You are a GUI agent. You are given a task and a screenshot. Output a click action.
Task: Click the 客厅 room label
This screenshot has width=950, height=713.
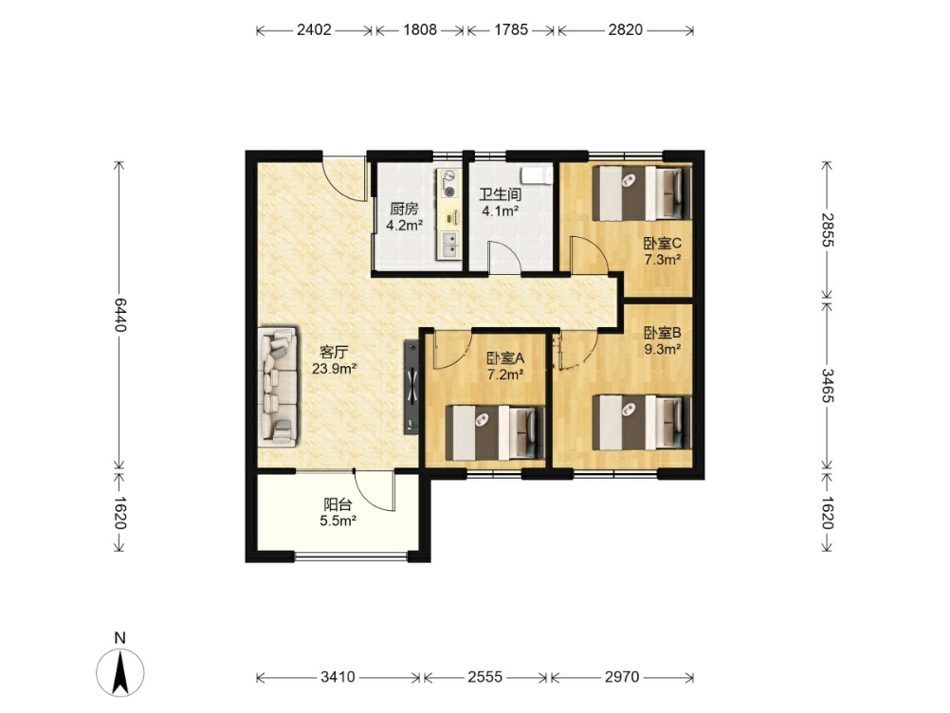pyautogui.click(x=334, y=352)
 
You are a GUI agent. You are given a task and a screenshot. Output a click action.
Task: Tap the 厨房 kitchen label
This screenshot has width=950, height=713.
pyautogui.click(x=404, y=210)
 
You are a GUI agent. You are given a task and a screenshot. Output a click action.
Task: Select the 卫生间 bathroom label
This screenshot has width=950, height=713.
pyautogui.click(x=500, y=194)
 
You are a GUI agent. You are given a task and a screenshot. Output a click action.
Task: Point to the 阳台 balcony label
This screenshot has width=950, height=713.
pyautogui.click(x=338, y=504)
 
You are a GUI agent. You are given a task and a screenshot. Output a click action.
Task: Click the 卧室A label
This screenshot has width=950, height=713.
pyautogui.click(x=505, y=358)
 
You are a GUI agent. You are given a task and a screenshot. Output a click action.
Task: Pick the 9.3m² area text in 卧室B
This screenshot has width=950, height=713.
pyautogui.click(x=662, y=349)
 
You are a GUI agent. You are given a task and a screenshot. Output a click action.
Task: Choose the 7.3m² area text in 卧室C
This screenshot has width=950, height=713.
pyautogui.click(x=662, y=260)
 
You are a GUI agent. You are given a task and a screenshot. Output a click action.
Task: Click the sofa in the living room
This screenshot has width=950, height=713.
pyautogui.click(x=278, y=387)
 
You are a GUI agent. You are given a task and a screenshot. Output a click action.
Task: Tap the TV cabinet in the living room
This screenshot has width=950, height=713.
pyautogui.click(x=412, y=387)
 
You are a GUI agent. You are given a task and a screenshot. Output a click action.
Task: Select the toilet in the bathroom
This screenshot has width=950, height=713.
pyautogui.click(x=538, y=174)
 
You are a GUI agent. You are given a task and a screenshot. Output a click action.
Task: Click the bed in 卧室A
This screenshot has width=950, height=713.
pyautogui.click(x=495, y=432)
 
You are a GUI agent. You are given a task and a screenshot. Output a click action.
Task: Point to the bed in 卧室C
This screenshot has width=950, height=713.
pyautogui.click(x=642, y=193)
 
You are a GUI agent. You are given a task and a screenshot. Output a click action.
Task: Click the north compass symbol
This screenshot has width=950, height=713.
pyautogui.click(x=120, y=672)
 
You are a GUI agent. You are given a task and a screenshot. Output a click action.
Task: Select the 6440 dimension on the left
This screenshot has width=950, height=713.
pyautogui.click(x=120, y=315)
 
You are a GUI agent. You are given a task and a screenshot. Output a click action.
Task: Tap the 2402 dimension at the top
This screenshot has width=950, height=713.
pyautogui.click(x=314, y=29)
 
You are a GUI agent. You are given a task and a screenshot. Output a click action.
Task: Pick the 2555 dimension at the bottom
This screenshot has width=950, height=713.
pyautogui.click(x=484, y=677)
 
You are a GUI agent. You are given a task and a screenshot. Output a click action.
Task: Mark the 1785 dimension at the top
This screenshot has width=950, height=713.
pyautogui.click(x=511, y=29)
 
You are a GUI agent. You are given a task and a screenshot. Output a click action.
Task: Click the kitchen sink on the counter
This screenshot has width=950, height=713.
pyautogui.click(x=449, y=244)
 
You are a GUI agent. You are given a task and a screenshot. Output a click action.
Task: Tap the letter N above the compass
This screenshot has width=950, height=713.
pyautogui.click(x=120, y=638)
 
